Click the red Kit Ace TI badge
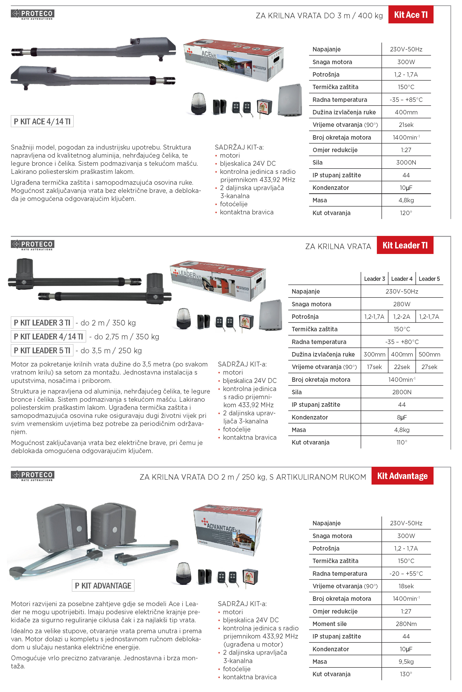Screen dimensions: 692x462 coord(410,15)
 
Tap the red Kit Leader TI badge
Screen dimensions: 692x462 coord(405,245)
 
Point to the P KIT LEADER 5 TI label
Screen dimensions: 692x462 coord(42,351)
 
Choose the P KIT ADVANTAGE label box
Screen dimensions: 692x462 coord(103,586)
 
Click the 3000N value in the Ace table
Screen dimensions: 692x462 coord(406,163)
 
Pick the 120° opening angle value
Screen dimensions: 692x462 coord(406,213)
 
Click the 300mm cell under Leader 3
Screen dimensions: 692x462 coord(374,354)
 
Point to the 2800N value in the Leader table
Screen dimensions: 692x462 coord(402,392)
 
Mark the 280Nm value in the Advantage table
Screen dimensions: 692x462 coord(406,624)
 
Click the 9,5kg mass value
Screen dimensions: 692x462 coord(406,662)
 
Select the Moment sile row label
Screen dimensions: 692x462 coord(329,624)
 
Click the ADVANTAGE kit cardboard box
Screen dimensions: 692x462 coord(228,531)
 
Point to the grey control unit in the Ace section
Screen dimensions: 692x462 coord(290,100)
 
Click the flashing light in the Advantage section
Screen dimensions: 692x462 coord(183,574)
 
